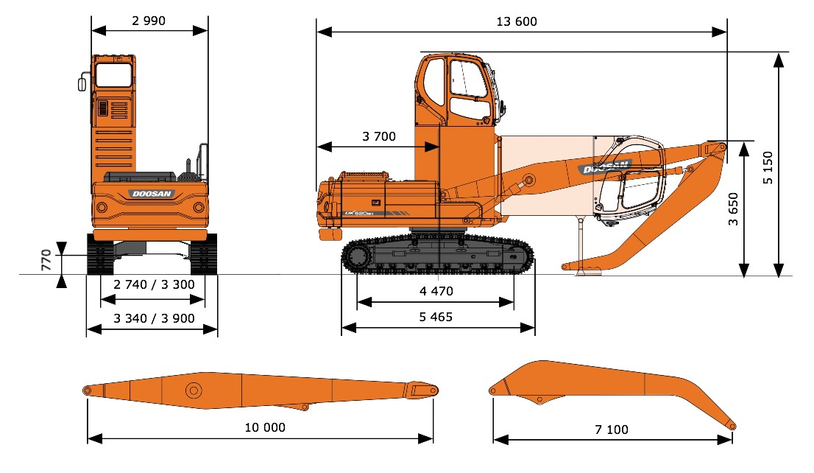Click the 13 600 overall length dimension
click(x=517, y=21)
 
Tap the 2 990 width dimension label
click(x=149, y=21)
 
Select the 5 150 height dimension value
click(x=768, y=167)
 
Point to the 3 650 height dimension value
click(x=733, y=209)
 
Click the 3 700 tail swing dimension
click(x=379, y=136)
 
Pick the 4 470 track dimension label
click(x=436, y=291)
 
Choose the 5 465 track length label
click(x=436, y=317)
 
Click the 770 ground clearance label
click(x=46, y=260)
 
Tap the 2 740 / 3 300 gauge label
click(x=154, y=284)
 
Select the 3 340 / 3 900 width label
click(x=154, y=318)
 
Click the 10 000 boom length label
click(x=265, y=427)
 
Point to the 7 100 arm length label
click(x=612, y=430)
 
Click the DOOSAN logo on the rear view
click(x=151, y=194)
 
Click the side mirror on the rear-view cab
click(x=82, y=83)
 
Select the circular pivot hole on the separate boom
click(x=194, y=390)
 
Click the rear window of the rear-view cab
click(x=113, y=75)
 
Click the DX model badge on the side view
click(x=359, y=213)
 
